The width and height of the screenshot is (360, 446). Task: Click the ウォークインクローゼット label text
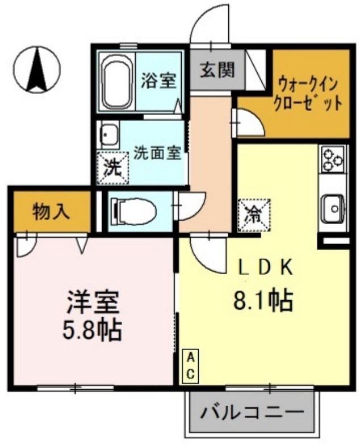click(x=308, y=94)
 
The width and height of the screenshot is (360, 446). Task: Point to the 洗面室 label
click(x=157, y=153)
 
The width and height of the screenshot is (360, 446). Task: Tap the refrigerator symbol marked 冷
click(x=253, y=215)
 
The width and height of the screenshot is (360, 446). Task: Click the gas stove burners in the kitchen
click(x=333, y=159)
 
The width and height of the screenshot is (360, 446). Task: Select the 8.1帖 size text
click(x=263, y=300)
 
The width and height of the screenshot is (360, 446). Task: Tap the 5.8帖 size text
click(x=93, y=330)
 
